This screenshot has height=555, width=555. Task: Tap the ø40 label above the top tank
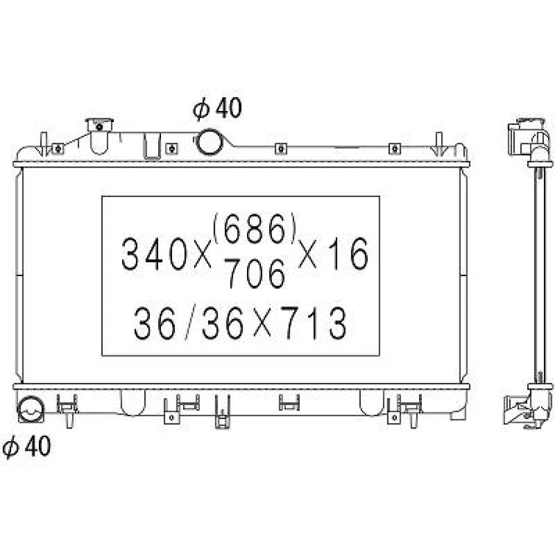tap(218, 108)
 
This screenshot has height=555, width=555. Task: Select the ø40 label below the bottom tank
tap(26, 447)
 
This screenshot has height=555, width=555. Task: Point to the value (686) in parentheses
tap(254, 229)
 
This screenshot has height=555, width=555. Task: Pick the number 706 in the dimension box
tap(255, 273)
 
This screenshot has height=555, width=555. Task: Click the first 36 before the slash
tap(154, 323)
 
